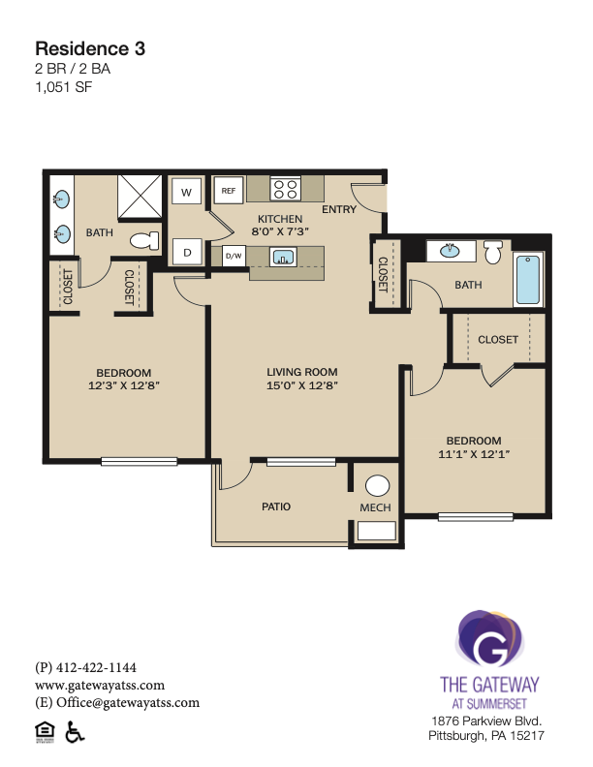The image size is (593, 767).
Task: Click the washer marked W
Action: [x=186, y=192]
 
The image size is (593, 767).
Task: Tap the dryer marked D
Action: [x=187, y=253]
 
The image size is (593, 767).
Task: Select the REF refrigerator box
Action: [x=229, y=190]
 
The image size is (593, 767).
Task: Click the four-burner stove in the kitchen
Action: [x=285, y=189]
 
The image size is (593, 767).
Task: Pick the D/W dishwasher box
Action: [x=234, y=256]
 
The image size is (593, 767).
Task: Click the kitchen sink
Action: [x=283, y=257]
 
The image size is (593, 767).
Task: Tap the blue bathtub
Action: [x=528, y=279]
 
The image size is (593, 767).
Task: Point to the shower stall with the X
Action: [x=140, y=197]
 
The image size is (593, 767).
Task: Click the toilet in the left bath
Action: [x=144, y=241]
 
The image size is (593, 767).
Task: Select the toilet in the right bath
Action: [x=492, y=252]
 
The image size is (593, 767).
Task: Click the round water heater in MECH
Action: [x=377, y=486]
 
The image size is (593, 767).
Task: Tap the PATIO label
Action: [x=276, y=506]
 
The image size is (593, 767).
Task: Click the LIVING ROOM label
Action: [x=302, y=372]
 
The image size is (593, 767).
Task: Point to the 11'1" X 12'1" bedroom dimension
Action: [x=474, y=454]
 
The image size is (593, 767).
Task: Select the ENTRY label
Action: [x=339, y=209]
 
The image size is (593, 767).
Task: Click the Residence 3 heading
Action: [x=90, y=48]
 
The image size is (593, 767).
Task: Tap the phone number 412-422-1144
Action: [x=96, y=667]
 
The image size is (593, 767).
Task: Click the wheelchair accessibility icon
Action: [x=75, y=731]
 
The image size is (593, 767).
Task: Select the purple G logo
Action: [x=489, y=639]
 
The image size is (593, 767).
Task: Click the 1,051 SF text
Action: [x=64, y=87]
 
